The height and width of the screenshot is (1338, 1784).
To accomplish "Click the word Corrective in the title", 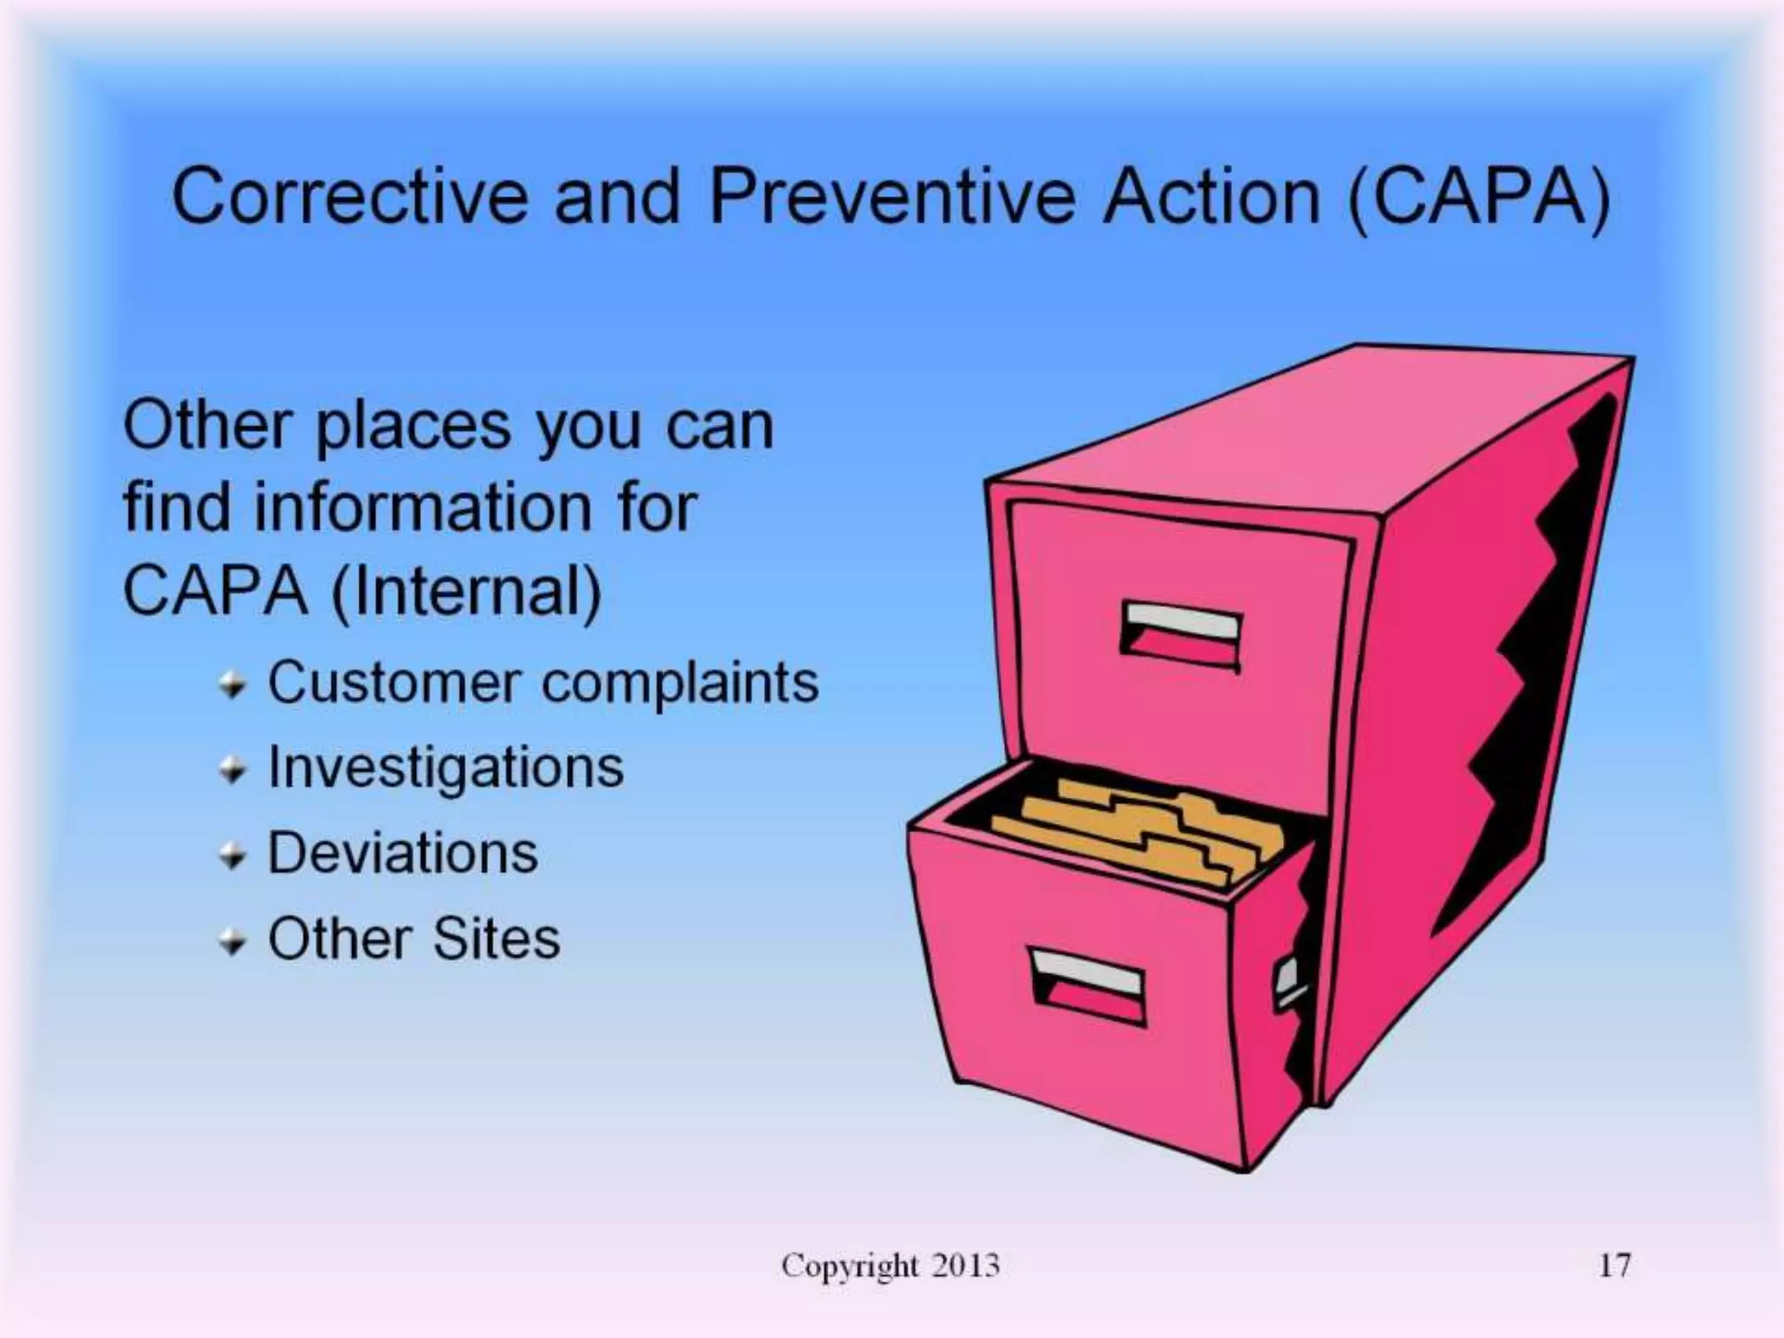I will point(349,197).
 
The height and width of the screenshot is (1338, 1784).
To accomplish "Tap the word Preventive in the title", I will point(893,197).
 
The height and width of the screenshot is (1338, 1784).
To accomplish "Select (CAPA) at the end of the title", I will point(1478,199).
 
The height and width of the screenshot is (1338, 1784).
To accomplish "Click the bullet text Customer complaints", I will point(543,682).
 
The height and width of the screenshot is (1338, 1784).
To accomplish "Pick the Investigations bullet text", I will point(445,767).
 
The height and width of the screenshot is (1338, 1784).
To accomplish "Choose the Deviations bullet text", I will point(402,853).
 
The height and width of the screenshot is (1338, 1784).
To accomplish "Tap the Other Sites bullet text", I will point(414,939).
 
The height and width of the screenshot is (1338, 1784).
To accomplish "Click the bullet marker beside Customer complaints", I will point(233,686).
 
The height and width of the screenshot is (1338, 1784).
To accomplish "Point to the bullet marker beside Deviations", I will point(233,856).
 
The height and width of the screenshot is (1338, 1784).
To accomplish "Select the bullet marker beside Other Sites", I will point(233,943).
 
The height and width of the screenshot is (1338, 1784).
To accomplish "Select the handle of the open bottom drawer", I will point(1088,984).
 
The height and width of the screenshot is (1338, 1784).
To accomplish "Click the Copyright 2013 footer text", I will point(890,1265).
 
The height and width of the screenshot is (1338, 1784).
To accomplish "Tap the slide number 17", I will point(1614,1265).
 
